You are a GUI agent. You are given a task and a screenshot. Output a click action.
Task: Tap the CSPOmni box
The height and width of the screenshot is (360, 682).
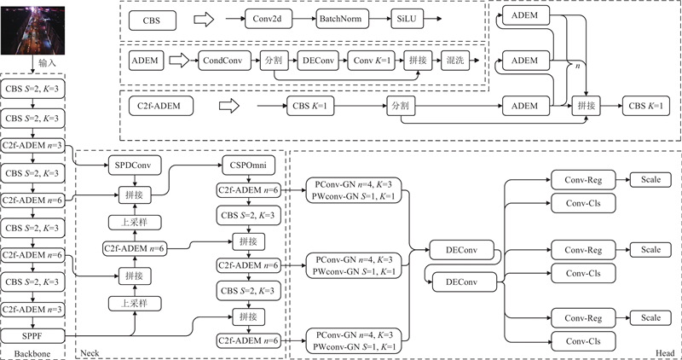[x=248, y=163]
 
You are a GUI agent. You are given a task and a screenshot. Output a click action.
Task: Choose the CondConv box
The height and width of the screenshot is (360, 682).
[x=223, y=61]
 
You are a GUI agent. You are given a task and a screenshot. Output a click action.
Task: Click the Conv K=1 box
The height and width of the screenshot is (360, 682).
[x=373, y=61]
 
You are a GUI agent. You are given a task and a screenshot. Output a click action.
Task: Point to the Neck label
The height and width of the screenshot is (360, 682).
[x=90, y=351]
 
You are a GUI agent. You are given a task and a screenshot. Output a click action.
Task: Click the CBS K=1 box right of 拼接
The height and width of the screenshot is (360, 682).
[x=645, y=107]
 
